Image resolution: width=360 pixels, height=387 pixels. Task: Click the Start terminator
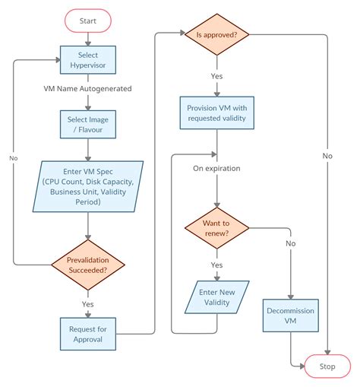tap(88, 19)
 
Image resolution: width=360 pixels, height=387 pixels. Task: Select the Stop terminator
tap(327, 366)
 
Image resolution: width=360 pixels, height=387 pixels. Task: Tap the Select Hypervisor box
tap(88, 60)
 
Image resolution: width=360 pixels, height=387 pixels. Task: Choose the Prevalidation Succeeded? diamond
tap(88, 264)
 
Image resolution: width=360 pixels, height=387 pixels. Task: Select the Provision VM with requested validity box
tap(217, 113)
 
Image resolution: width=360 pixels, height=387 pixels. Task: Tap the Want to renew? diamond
tap(216, 229)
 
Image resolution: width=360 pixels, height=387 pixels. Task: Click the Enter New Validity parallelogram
tap(216, 297)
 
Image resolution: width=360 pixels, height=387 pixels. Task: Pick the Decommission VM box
tap(290, 316)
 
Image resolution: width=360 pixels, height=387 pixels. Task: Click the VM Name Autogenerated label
tap(88, 89)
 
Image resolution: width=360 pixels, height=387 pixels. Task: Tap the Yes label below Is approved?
tap(216, 76)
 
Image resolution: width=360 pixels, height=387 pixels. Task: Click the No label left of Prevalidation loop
tap(13, 158)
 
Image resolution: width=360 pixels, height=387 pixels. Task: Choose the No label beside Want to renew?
tap(291, 244)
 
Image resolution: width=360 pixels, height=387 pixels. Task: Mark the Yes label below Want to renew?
tap(216, 265)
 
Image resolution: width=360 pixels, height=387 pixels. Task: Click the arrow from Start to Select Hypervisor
tap(88, 37)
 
